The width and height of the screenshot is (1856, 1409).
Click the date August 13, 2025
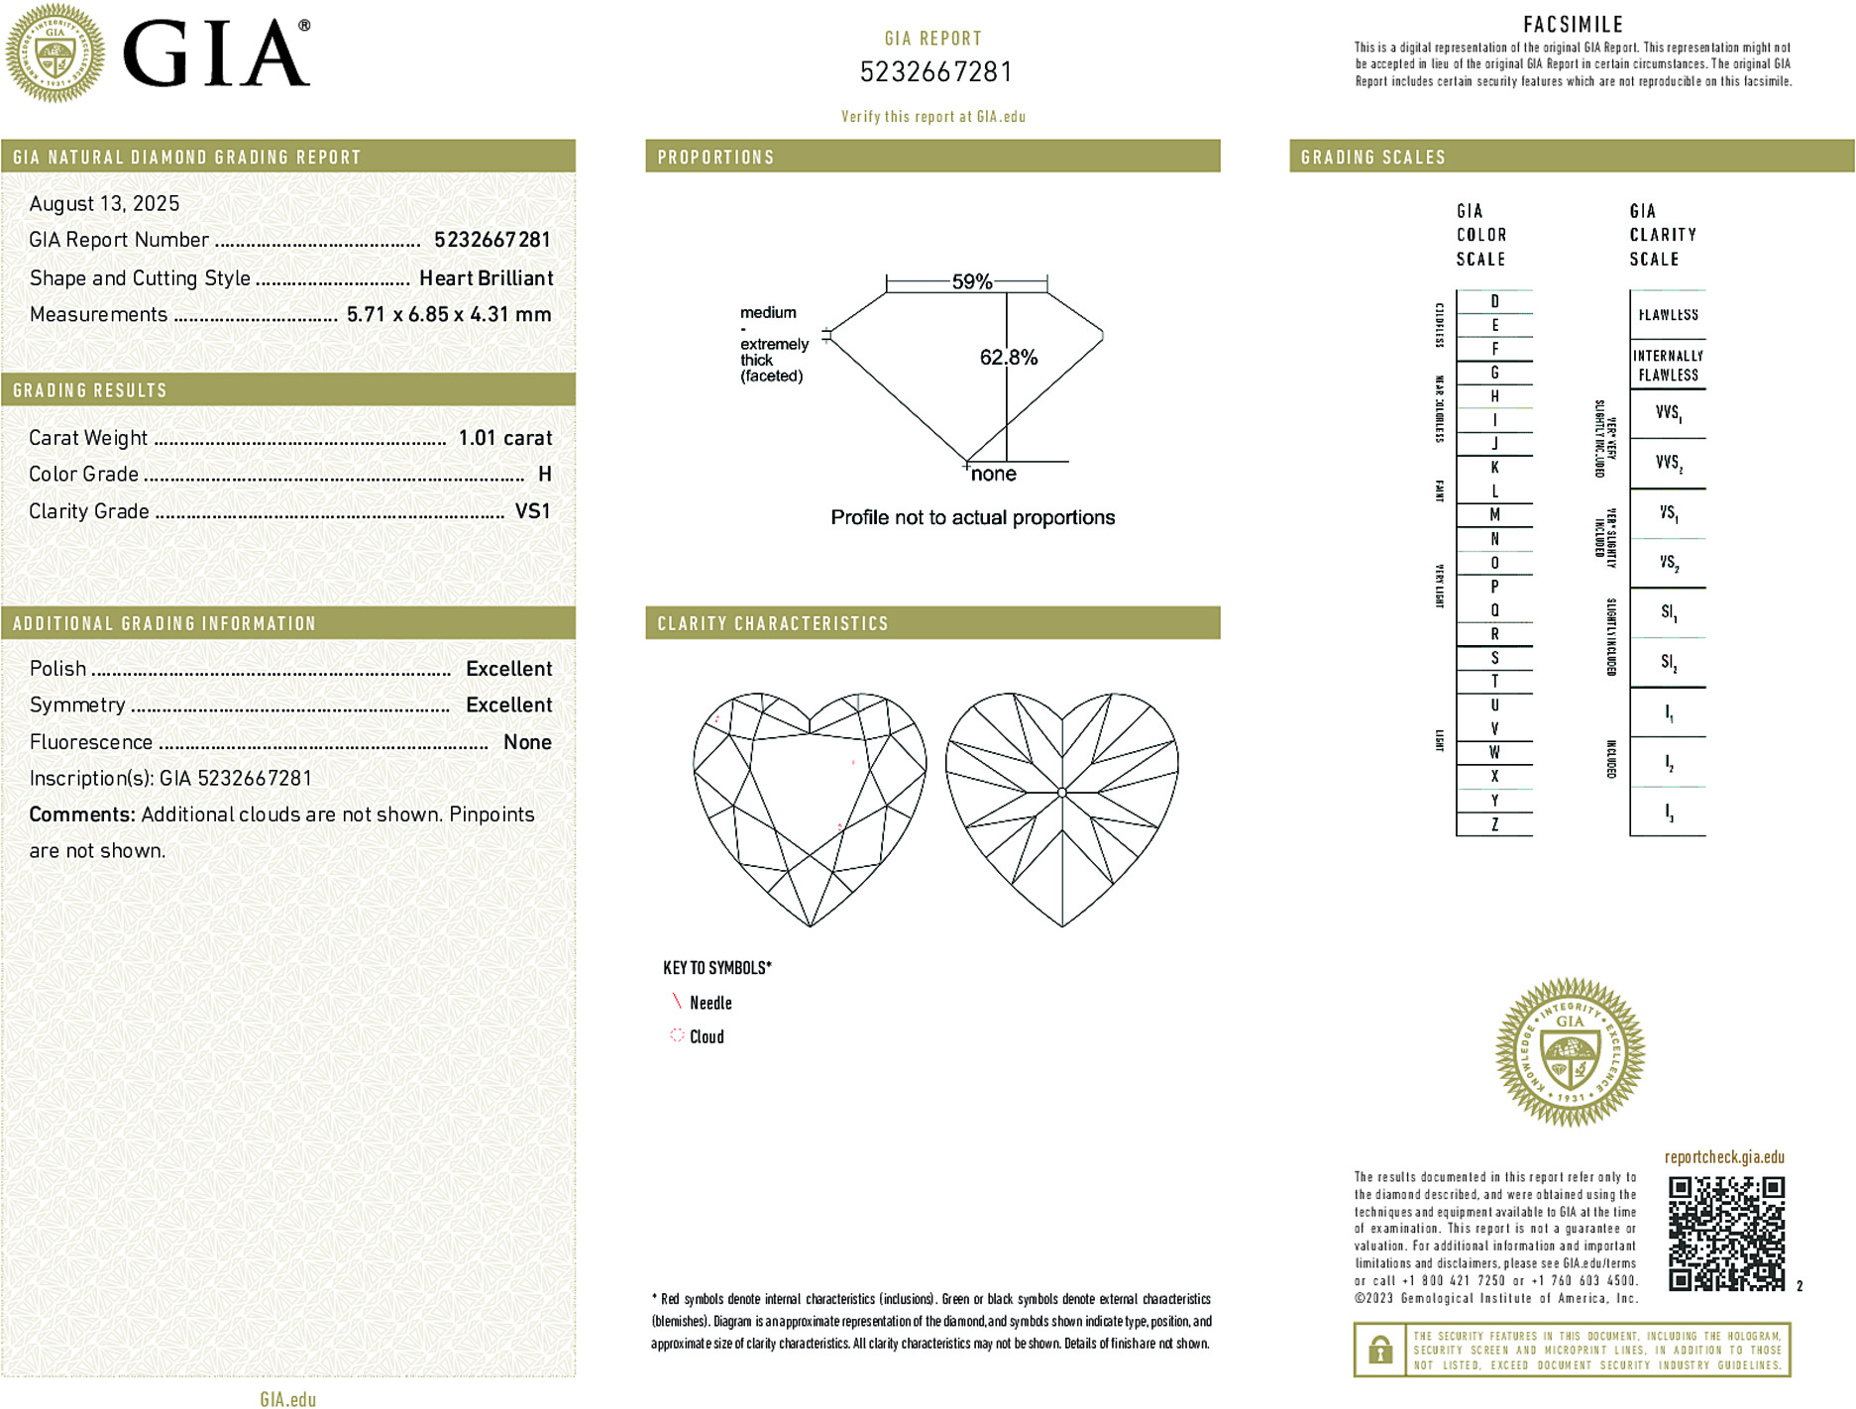pos(104,204)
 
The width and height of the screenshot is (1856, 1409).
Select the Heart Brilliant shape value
pos(486,278)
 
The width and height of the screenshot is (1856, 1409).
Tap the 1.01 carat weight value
pos(504,438)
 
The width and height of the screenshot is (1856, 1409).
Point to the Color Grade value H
pos(544,475)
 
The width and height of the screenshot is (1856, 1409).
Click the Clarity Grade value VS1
pos(532,511)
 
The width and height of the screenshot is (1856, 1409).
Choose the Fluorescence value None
pos(527,742)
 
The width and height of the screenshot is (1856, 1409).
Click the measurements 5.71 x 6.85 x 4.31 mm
pos(449,315)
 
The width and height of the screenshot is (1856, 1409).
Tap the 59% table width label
pos(971,281)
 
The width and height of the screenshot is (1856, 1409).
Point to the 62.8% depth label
pos(1009,358)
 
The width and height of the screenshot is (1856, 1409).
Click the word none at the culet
pos(994,475)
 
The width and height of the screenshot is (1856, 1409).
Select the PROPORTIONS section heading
pos(715,158)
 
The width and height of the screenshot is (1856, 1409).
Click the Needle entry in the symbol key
pos(710,1004)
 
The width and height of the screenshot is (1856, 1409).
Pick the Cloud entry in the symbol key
pos(707,1037)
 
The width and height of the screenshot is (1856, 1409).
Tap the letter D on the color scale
pos(1494,301)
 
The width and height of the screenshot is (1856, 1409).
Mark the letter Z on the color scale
pos(1494,824)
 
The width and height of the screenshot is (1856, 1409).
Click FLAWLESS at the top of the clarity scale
pos(1668,315)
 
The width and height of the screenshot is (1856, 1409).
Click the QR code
pos(1726,1234)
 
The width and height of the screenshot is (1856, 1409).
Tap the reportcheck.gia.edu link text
pos(1724,1157)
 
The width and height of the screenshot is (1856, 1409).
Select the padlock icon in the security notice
pos(1379,1350)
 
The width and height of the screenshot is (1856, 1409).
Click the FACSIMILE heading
pos(1573,25)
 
